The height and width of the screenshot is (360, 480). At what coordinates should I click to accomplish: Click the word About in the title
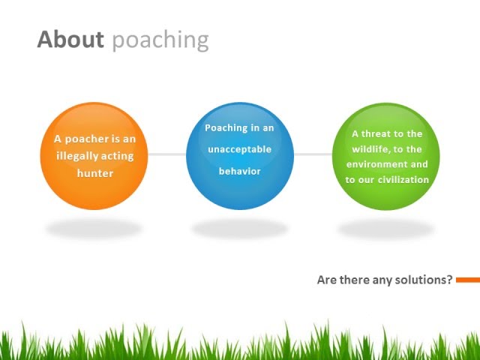click(70, 39)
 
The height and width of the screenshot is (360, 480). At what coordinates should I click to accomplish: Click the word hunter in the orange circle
click(94, 173)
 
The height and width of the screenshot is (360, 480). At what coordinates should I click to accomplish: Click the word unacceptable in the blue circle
click(239, 149)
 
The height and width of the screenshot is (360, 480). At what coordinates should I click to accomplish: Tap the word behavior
click(239, 171)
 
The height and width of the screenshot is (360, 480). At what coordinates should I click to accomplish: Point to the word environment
click(376, 164)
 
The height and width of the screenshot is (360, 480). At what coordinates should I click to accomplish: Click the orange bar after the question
click(467, 280)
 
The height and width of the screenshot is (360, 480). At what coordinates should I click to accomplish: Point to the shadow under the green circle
click(386, 228)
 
